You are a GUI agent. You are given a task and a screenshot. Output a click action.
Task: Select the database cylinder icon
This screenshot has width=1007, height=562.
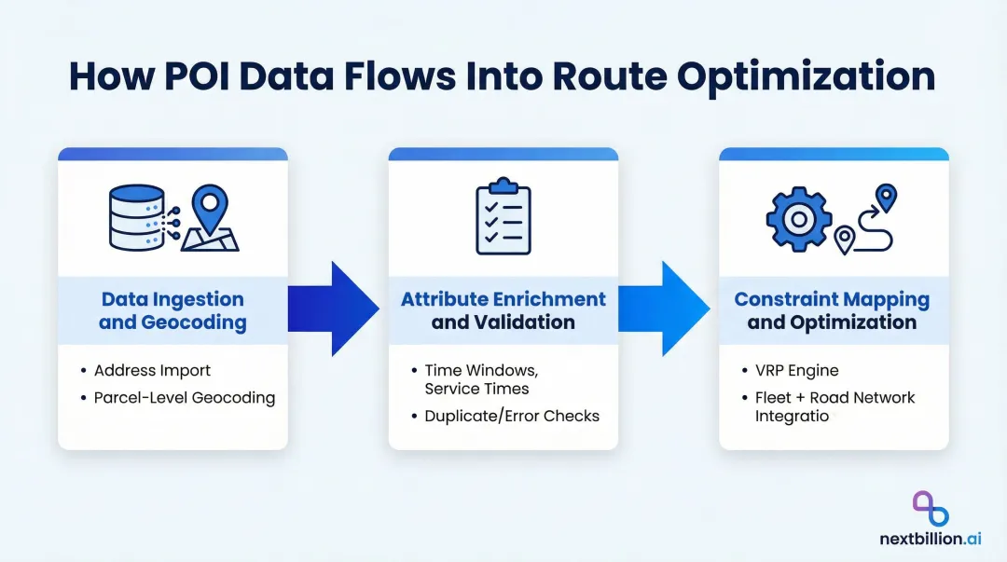click(136, 217)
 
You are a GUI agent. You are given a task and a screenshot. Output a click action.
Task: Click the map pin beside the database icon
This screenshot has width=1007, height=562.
click(210, 212)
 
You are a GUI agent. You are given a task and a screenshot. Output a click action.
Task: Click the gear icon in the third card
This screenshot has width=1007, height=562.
click(798, 219)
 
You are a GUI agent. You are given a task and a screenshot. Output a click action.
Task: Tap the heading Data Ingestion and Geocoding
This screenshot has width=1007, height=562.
click(172, 311)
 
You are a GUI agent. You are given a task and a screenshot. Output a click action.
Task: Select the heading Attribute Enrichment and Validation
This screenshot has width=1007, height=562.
click(503, 311)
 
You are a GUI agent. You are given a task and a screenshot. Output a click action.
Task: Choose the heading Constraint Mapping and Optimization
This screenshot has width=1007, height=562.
click(832, 311)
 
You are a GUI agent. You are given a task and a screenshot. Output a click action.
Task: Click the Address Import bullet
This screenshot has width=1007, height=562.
click(152, 371)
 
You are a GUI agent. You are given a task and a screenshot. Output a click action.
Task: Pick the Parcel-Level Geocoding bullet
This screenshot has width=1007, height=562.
click(184, 398)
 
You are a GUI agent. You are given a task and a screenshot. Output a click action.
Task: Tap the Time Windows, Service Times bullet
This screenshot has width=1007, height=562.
click(476, 379)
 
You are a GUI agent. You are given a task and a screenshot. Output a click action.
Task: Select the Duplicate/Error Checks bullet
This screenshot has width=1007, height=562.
click(511, 416)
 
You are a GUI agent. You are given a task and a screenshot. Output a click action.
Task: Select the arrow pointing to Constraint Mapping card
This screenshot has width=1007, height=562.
click(666, 308)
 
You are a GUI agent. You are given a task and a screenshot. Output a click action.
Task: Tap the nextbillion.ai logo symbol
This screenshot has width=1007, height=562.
click(930, 509)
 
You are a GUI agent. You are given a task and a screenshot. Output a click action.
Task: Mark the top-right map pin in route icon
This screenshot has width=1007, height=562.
click(886, 197)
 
